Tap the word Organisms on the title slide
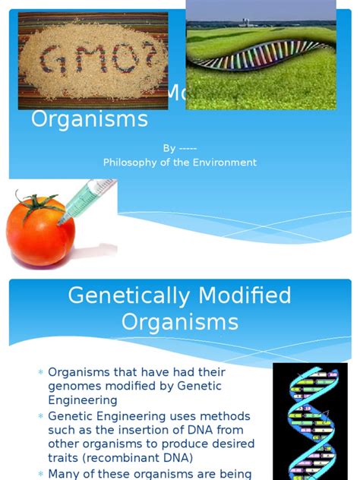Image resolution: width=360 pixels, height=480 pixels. (x=90, y=120)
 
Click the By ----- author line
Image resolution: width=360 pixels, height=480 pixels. (x=180, y=149)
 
